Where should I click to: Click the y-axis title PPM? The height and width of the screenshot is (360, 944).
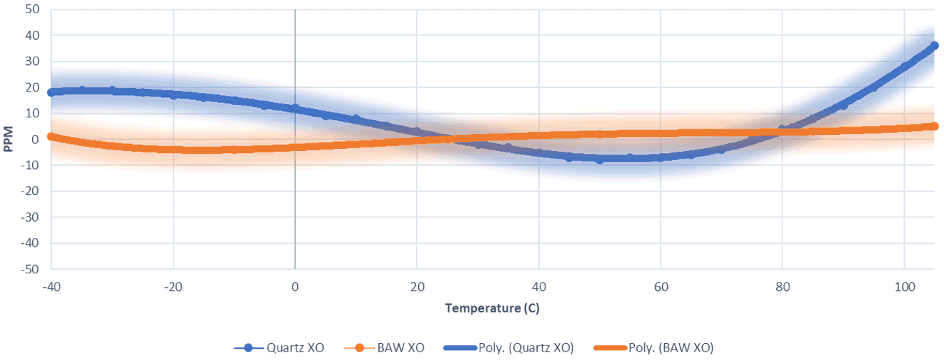(8, 139)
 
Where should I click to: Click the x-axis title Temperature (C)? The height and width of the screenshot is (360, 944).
(492, 308)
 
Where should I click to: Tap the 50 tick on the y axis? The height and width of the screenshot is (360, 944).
(32, 10)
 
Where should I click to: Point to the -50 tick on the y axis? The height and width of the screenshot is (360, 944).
(30, 269)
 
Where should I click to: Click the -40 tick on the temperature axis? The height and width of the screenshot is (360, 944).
(51, 287)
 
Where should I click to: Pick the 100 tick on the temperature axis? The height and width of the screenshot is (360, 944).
(904, 287)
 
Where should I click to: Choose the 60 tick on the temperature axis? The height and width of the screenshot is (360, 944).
(660, 287)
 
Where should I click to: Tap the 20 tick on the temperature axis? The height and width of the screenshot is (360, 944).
(417, 287)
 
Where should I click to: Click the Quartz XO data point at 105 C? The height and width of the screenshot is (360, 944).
(934, 45)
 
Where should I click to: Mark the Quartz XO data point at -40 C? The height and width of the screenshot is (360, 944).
(51, 92)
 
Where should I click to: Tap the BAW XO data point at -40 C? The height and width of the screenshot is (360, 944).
(51, 136)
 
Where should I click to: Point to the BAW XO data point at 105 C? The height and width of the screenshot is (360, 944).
(934, 126)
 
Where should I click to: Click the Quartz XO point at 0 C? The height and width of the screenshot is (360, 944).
(295, 108)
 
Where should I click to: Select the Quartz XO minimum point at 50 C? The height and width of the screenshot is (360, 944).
(599, 160)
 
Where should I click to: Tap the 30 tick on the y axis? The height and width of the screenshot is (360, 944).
(32, 62)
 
